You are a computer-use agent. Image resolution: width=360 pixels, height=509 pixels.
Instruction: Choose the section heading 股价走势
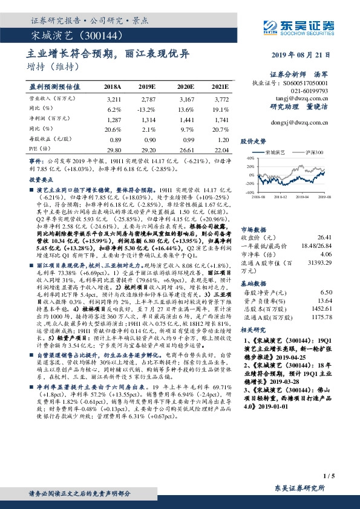click(x=254, y=141)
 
